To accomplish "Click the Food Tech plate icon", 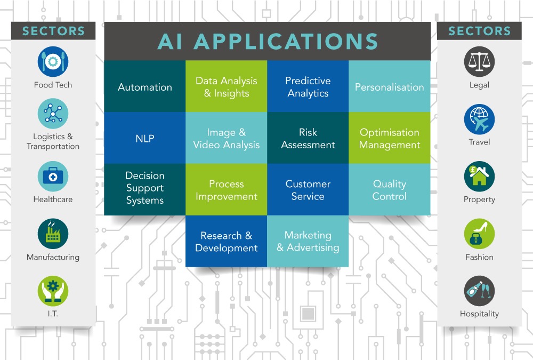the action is [53, 61].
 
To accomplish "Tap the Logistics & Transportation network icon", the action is [53, 114].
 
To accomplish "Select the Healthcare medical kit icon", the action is [53, 176].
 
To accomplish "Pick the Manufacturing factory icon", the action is [53, 234].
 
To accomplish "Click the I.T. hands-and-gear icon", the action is [53, 291].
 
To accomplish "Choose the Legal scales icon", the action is [479, 61].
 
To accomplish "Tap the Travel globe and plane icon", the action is [479, 119].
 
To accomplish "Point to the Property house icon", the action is [479, 176].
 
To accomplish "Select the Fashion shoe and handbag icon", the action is [479, 234].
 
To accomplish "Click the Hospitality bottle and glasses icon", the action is [479, 291].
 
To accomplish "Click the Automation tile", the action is [145, 86].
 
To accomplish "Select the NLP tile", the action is [145, 138].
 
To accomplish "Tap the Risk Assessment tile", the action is [308, 138].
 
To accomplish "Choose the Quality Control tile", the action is [390, 189].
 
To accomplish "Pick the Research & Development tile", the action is [227, 241].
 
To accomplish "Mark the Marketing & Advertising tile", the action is [308, 241].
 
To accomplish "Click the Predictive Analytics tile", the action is [308, 86].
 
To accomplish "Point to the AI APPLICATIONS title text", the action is [268, 42].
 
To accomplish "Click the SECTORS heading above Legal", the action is [479, 31].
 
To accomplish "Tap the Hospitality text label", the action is [479, 314].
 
